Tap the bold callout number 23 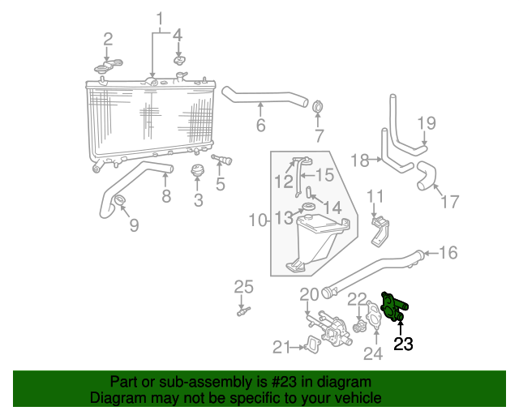point(403,344)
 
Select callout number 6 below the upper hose point(260,125)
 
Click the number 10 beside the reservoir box point(257,220)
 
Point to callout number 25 point(244,286)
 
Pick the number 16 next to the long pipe point(448,252)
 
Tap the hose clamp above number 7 point(319,108)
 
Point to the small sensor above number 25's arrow point(242,311)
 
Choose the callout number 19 point(427,123)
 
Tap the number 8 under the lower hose point(165,195)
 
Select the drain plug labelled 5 point(221,160)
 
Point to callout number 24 point(372,353)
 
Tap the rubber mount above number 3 point(197,172)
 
